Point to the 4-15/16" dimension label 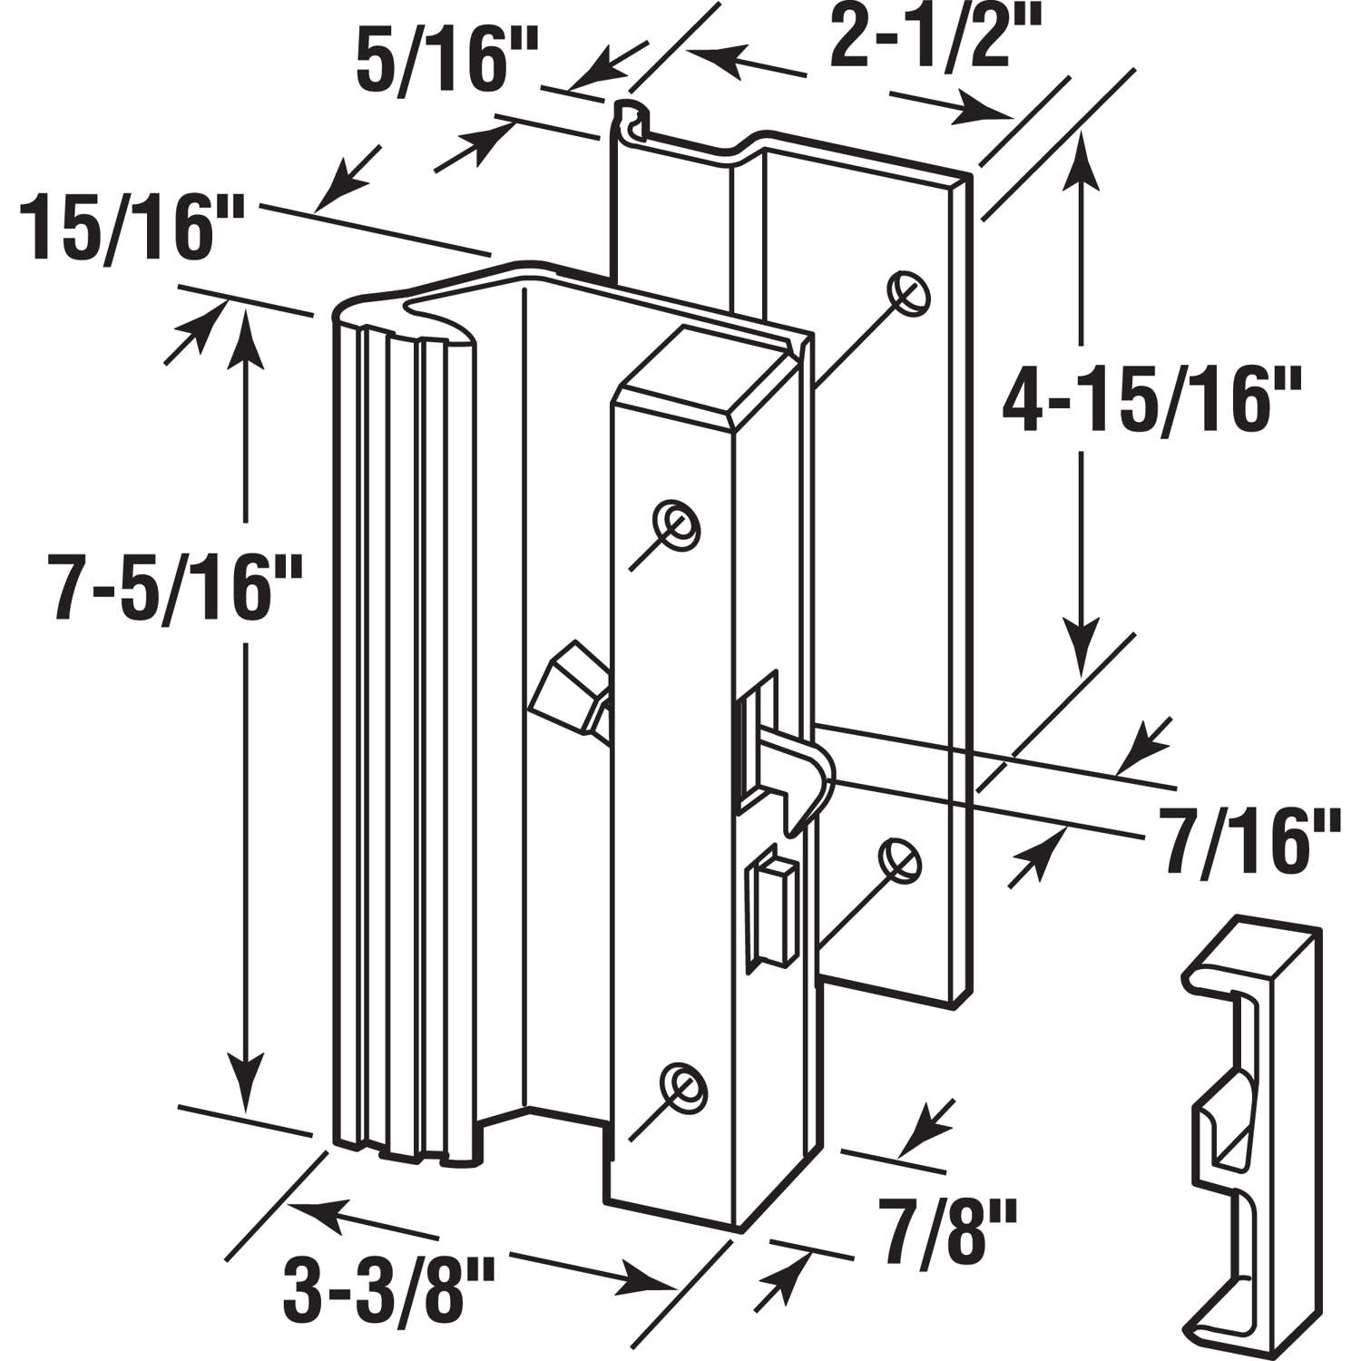click(1152, 399)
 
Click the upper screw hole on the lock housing click(678, 524)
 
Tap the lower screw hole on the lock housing click(682, 1082)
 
